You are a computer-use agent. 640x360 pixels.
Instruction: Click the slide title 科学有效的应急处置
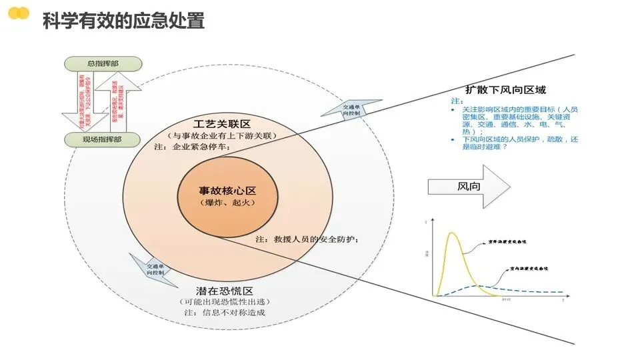123,21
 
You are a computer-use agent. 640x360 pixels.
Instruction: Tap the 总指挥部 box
103,63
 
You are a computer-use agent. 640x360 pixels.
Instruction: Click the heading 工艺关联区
222,124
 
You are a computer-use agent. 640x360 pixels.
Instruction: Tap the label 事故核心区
227,190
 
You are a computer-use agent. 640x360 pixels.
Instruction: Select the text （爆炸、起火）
227,202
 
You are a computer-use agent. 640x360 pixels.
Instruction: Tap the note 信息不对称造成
220,313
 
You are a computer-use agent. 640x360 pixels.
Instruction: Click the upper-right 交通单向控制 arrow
351,109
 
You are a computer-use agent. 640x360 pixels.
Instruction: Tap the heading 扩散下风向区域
506,90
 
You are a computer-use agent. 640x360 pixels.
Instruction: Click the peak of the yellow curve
453,233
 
